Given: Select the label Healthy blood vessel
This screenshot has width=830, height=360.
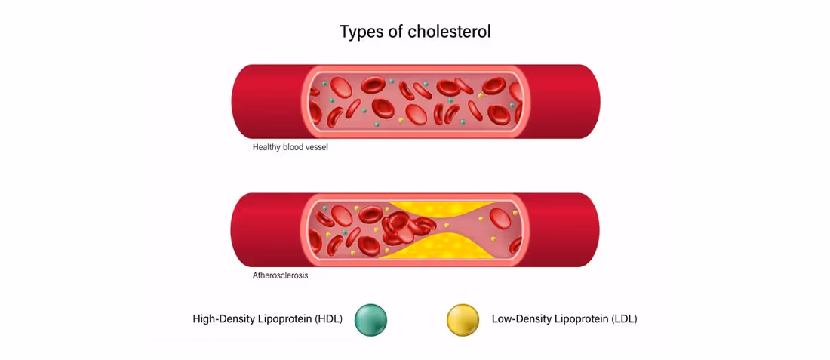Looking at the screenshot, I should [290, 147].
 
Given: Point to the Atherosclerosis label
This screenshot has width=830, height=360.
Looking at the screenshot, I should [280, 275].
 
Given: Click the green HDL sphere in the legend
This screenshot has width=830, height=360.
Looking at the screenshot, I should [370, 319].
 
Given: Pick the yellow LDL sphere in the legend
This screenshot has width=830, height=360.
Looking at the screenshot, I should [463, 319].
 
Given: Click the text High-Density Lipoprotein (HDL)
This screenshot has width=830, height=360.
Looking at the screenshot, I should [268, 319].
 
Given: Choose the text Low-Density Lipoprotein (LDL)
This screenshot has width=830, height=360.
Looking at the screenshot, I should [564, 319].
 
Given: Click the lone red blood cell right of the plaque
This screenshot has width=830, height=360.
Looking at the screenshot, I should [500, 219].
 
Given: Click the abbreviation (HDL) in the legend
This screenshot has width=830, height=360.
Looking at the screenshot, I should [328, 319].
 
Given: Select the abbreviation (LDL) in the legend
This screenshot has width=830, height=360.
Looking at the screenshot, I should [623, 319].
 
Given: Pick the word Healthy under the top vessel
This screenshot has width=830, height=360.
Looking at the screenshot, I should [266, 147].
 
